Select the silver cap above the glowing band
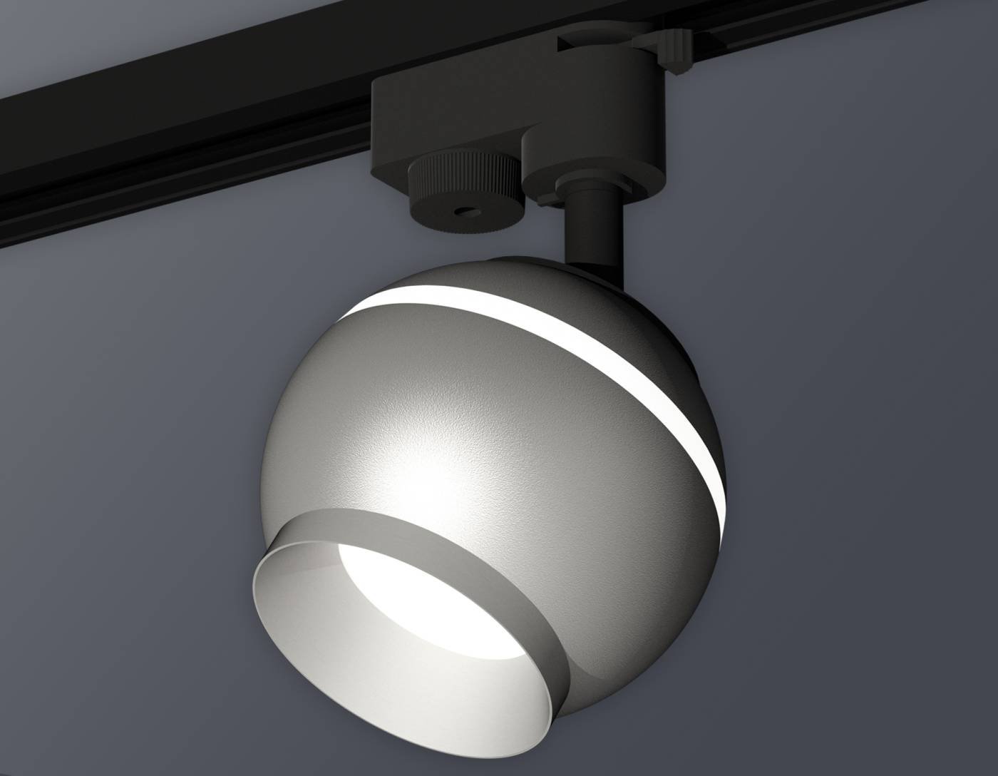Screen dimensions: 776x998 499,275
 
